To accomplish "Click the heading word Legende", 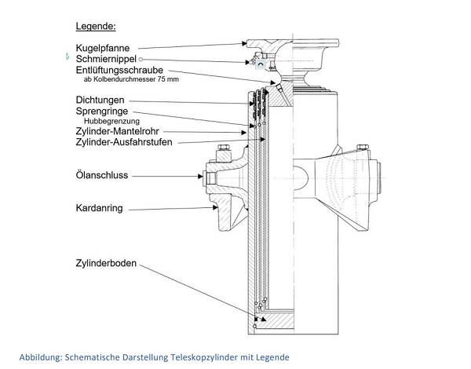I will point(96,27).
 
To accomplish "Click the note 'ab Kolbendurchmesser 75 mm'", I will point(131,79).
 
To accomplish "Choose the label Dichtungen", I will point(100,100).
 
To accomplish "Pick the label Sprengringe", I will point(102,111).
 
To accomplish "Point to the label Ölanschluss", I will point(102,176).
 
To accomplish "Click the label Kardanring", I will point(98,210).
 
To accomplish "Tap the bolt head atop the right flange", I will point(363,147).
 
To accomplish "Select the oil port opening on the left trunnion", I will point(210,176).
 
